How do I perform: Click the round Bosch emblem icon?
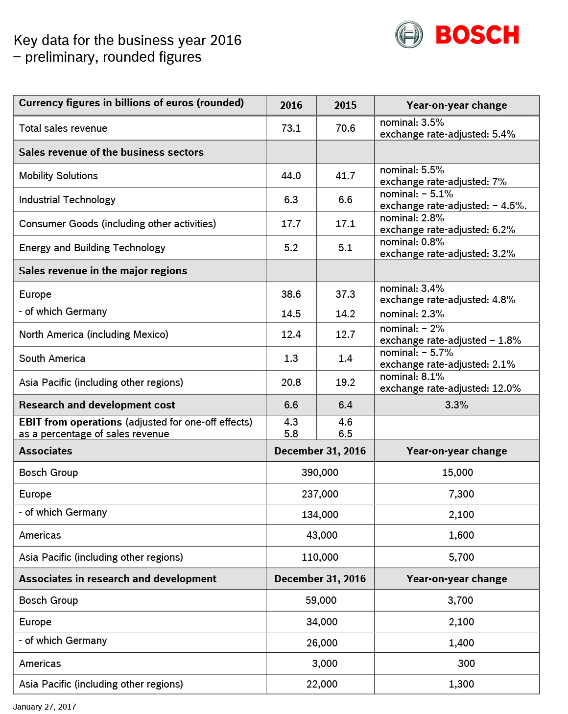409,35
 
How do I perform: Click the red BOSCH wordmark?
477,35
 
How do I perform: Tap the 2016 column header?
291,105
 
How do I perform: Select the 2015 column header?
345,105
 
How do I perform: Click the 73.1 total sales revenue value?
291,128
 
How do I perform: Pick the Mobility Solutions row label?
58,176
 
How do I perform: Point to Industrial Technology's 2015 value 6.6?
345,200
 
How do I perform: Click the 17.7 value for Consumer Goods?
291,224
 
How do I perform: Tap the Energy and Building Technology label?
92,248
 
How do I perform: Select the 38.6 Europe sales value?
291,294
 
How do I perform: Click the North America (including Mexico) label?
94,334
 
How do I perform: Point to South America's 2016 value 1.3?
291,358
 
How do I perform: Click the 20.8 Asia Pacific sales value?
291,382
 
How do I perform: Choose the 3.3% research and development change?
456,405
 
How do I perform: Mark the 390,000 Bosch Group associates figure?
320,473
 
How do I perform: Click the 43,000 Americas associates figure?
322,535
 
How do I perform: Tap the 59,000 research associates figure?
321,600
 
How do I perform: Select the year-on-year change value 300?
466,664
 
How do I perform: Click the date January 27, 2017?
45,707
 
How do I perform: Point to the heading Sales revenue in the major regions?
103,271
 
